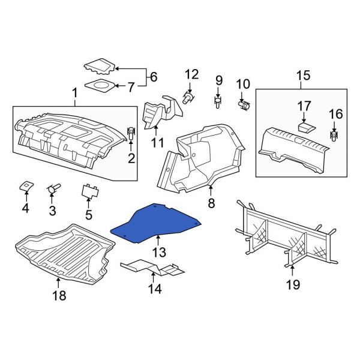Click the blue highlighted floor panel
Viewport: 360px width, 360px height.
pos(156,223)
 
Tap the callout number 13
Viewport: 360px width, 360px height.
pos(159,253)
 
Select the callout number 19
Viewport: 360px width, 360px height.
pos(293,285)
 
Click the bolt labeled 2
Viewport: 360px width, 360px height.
pos(131,133)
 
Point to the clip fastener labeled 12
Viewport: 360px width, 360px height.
pos(188,98)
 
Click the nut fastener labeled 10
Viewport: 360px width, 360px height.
pos(244,106)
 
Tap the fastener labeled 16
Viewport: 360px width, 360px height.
pos(334,136)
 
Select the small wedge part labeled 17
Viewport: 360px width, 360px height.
pos(307,127)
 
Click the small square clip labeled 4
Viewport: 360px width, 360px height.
pos(26,186)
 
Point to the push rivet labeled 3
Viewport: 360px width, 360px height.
pos(53,189)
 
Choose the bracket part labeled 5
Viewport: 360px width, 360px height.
pos(90,191)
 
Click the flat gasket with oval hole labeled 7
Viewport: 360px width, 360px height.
pos(100,85)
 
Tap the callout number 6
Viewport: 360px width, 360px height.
pos(154,77)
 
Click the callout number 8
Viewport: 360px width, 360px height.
pos(211,203)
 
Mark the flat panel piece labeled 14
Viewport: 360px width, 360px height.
pos(152,268)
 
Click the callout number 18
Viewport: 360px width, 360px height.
pos(59,295)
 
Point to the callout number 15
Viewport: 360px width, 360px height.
pos(303,76)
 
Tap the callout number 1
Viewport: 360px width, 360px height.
pos(74,94)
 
